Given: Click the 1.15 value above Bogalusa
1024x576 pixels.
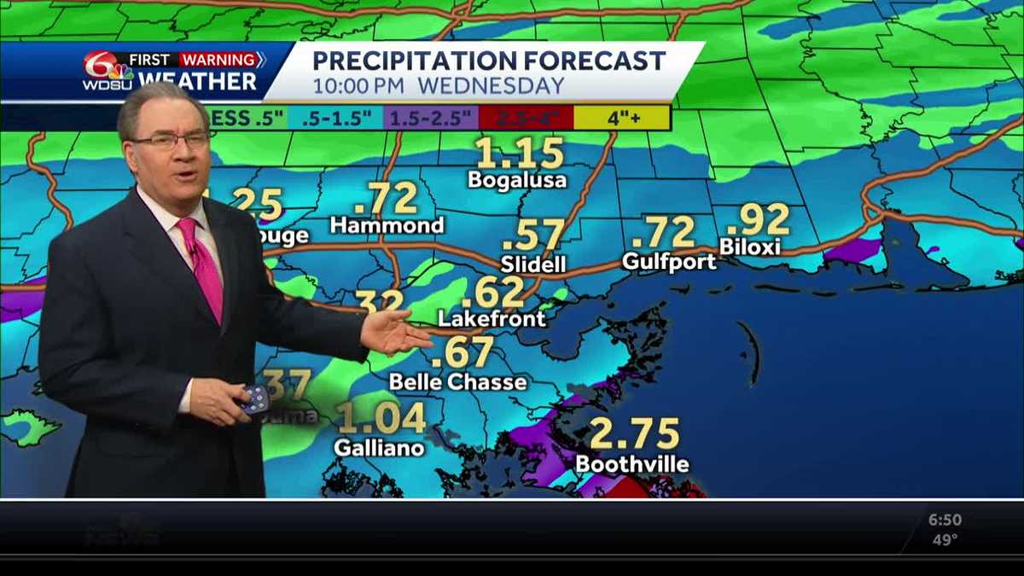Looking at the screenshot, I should click(520, 154).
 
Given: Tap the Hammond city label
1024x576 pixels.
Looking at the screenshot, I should click(387, 225).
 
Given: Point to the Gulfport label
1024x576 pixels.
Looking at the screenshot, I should click(669, 262).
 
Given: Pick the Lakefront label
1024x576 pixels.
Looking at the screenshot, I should click(491, 319).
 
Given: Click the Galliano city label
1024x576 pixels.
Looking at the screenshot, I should click(379, 447).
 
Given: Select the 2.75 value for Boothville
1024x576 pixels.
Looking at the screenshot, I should click(633, 433).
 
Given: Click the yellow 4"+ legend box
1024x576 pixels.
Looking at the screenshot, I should click(622, 118).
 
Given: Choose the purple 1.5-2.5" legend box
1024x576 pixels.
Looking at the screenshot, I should click(430, 118).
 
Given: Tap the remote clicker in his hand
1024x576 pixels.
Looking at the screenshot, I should click(254, 399).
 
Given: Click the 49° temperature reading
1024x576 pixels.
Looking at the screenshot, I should click(944, 539).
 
